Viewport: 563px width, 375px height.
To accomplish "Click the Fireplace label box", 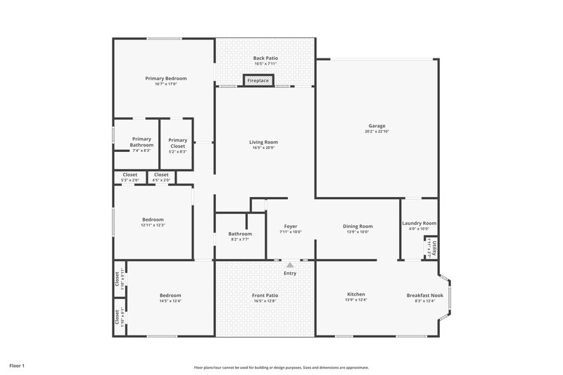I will click(x=258, y=81).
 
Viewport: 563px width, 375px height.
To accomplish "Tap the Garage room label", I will click(x=376, y=126).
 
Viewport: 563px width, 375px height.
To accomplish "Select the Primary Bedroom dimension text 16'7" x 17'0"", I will click(x=165, y=84).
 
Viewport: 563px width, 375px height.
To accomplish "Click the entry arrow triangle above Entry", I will click(x=289, y=265).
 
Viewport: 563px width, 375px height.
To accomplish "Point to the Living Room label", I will click(x=263, y=142).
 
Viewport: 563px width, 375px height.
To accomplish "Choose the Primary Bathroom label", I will click(x=141, y=142).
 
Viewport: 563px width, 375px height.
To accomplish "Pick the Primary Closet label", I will click(x=178, y=142).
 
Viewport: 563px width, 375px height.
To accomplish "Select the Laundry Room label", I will click(x=419, y=223).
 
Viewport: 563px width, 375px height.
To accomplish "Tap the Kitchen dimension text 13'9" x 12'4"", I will click(x=356, y=300).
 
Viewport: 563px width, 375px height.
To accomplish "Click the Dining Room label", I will click(x=357, y=226).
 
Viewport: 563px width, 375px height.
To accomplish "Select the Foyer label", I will click(x=290, y=226).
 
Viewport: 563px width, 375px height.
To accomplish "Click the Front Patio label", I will click(x=265, y=295).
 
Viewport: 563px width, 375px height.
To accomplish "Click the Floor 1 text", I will click(x=17, y=366).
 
